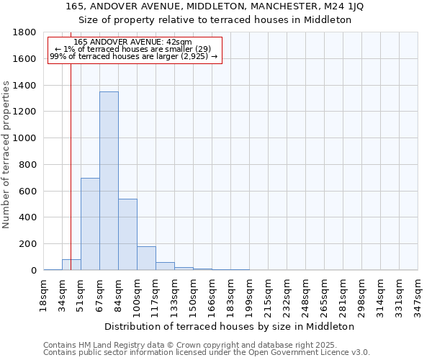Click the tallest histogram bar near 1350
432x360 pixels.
[x=109, y=181]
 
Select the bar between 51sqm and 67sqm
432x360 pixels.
[x=90, y=224]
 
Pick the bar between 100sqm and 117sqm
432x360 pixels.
[x=146, y=258]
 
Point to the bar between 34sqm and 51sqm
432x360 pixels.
[x=71, y=264]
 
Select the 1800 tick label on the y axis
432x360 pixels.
[x=25, y=32]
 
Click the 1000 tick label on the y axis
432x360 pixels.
[x=25, y=138]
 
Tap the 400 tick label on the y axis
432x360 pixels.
[x=28, y=217]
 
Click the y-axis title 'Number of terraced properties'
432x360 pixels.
[x=6, y=155]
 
